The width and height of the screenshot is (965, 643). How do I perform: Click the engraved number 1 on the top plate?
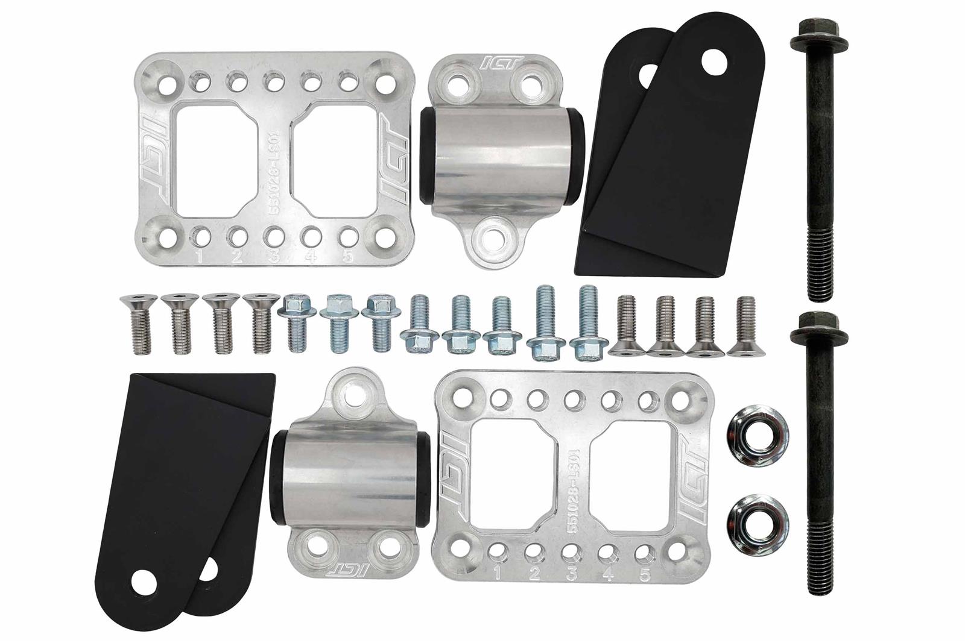199,257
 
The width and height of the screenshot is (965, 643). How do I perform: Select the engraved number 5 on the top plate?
347,257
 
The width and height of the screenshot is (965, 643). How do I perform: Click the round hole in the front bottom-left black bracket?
144,583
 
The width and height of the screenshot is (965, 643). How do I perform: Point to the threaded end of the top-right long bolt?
817,265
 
